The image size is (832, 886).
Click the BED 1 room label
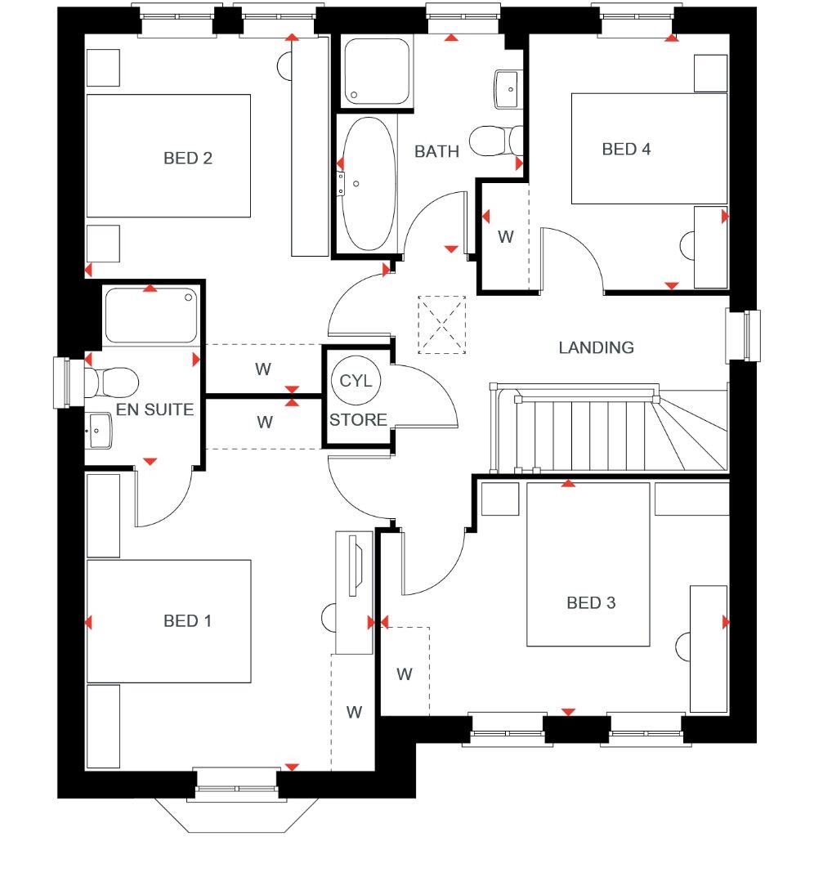(187, 621)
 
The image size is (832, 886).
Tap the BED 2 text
(187, 159)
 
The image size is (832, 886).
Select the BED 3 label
(591, 603)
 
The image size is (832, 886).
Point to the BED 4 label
(626, 150)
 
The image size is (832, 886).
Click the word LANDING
(596, 348)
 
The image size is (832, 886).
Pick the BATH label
(436, 152)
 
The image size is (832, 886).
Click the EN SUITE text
(154, 409)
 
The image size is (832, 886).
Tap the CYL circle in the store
(356, 381)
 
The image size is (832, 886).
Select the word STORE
(358, 420)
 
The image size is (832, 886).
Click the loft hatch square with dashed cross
(441, 325)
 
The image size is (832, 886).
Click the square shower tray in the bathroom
(377, 71)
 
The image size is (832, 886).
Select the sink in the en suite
(99, 429)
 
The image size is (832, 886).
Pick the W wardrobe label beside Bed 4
(506, 237)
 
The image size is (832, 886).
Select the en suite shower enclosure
(150, 315)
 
